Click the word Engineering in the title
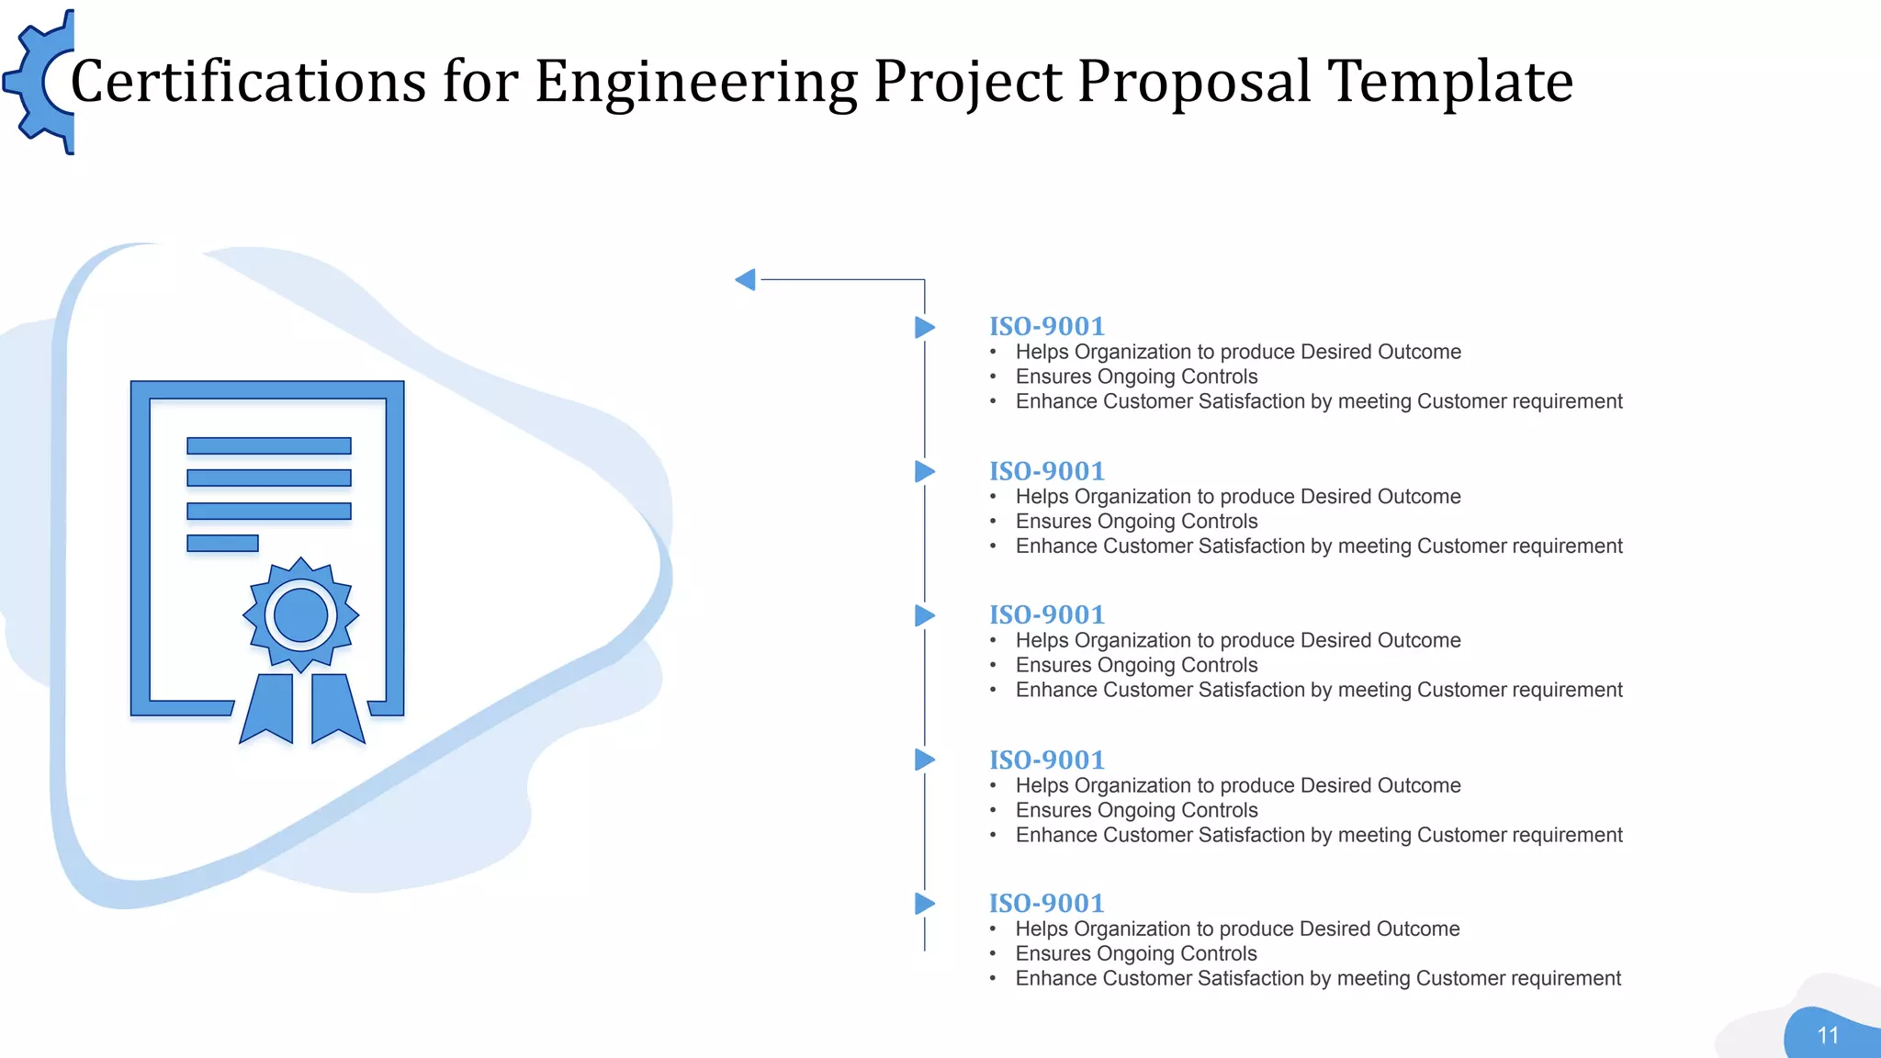(x=695, y=82)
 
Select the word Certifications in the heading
(x=248, y=82)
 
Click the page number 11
(x=1828, y=1036)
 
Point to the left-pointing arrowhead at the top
(x=746, y=279)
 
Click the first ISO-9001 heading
(x=1046, y=327)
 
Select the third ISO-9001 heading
(x=1046, y=615)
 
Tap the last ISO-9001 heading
(x=1046, y=904)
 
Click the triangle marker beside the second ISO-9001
(x=924, y=472)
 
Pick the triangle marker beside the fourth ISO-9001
(x=924, y=760)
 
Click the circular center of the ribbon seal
(x=300, y=614)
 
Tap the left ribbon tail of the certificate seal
(x=267, y=709)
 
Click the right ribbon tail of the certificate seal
(x=336, y=709)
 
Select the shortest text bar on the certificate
(x=222, y=544)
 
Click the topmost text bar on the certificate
(x=268, y=446)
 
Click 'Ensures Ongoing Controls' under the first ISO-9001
(x=1136, y=377)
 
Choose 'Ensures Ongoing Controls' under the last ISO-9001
(x=1136, y=953)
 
